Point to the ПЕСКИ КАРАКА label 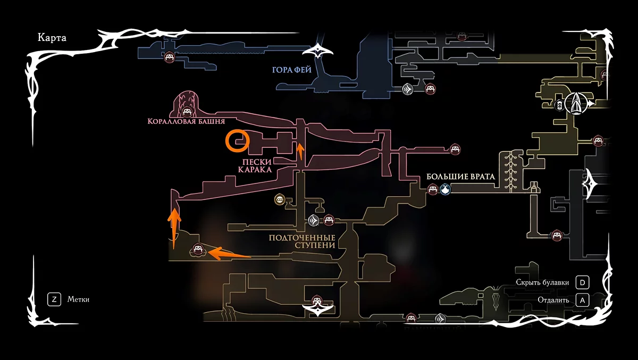[x=255, y=166]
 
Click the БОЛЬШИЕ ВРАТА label [x=460, y=177]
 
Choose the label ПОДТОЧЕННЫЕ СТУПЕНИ [x=302, y=241]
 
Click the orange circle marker [x=236, y=141]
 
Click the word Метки [x=78, y=299]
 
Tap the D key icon [x=583, y=282]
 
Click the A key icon [x=583, y=300]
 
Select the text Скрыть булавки [x=542, y=282]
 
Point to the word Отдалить [x=553, y=300]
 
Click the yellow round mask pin [x=279, y=199]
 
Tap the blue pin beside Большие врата [x=445, y=189]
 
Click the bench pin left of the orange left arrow [x=198, y=249]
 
